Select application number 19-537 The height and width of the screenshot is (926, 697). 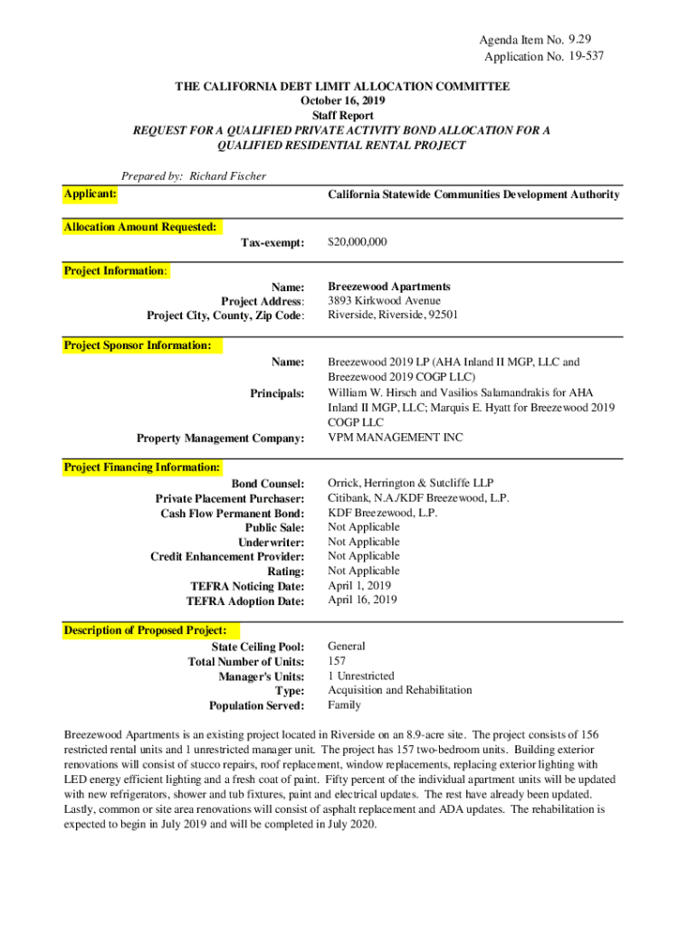click(x=587, y=56)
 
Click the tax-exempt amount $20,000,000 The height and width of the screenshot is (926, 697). click(x=358, y=242)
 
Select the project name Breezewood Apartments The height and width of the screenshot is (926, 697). click(x=389, y=286)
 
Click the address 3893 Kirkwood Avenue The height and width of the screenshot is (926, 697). click(x=384, y=300)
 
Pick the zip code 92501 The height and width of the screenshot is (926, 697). click(x=443, y=315)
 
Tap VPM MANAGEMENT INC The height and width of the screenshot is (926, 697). click(x=395, y=438)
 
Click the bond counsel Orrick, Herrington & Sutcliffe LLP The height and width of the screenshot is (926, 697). click(x=411, y=484)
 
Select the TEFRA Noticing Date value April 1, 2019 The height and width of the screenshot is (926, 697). click(x=358, y=585)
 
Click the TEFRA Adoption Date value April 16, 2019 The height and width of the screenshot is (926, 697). click(x=362, y=600)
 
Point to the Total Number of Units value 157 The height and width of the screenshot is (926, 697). click(x=337, y=661)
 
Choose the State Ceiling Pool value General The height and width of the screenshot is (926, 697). click(x=346, y=647)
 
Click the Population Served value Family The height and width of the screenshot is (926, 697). click(x=344, y=704)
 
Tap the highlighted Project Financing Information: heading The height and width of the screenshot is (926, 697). click(x=142, y=468)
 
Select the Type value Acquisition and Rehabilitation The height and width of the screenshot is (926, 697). click(x=399, y=690)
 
